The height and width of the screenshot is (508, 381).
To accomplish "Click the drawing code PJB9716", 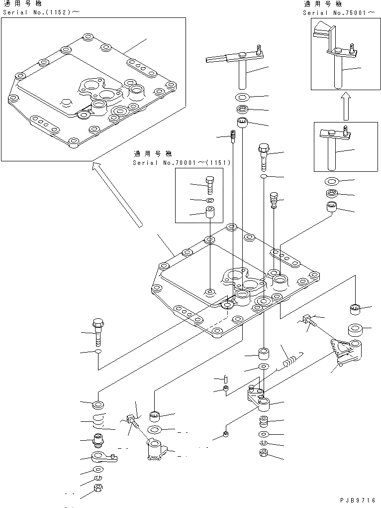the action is pyautogui.click(x=358, y=501).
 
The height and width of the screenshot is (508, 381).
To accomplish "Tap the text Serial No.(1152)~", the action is pyautogui.click(x=41, y=12).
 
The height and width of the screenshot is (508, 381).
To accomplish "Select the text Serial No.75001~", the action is pyautogui.click(x=339, y=12).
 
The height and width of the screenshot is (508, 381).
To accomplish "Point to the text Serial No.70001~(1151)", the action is pyautogui.click(x=182, y=163).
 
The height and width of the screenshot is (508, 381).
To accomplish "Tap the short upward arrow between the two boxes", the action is pyautogui.click(x=346, y=106).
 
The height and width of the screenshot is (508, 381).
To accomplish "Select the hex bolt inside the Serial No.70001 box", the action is pyautogui.click(x=209, y=186).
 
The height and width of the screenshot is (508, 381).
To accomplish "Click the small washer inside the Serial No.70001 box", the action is pyautogui.click(x=209, y=201).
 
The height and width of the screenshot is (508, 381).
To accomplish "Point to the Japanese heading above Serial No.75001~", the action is pyautogui.click(x=323, y=4).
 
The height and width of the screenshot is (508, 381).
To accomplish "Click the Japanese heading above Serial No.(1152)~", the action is pyautogui.click(x=22, y=4).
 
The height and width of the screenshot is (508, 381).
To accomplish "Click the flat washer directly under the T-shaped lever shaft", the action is pyautogui.click(x=242, y=97).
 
